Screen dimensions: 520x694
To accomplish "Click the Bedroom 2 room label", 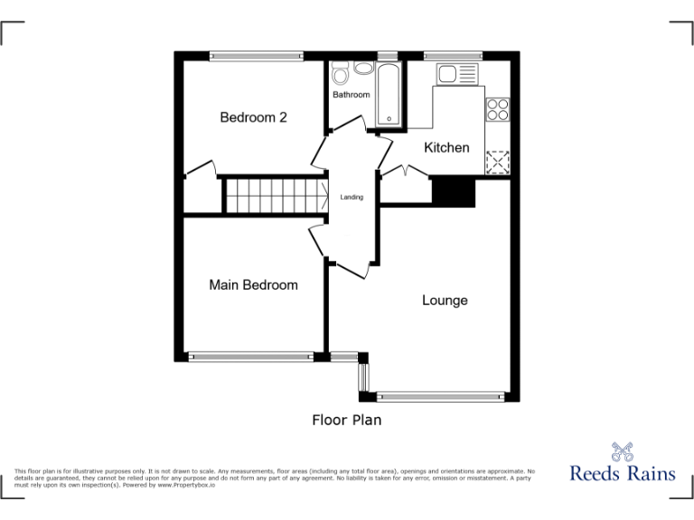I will pyautogui.click(x=254, y=117).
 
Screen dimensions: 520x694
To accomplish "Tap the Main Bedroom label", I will pyautogui.click(x=253, y=285).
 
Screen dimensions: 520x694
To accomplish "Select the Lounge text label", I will pyautogui.click(x=445, y=300).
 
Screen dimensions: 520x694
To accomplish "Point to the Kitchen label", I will pyautogui.click(x=446, y=147).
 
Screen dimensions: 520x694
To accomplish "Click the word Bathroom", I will pyautogui.click(x=351, y=95).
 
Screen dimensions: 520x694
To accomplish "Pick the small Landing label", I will pyautogui.click(x=352, y=197).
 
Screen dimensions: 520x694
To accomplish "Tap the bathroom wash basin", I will pyautogui.click(x=363, y=69).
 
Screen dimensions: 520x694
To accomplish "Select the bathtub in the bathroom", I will pyautogui.click(x=388, y=94).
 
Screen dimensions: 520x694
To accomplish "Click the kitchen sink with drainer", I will pyautogui.click(x=458, y=73).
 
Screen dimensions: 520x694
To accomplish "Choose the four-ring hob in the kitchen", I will pyautogui.click(x=498, y=109).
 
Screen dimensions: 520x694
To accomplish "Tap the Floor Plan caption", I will pyautogui.click(x=347, y=420).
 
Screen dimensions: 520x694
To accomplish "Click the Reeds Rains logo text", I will pyautogui.click(x=622, y=472).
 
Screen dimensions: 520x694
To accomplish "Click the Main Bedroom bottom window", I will pyautogui.click(x=251, y=356).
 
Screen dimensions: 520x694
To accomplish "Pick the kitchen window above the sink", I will pyautogui.click(x=453, y=55).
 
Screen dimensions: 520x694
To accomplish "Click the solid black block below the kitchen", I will pyautogui.click(x=453, y=192).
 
